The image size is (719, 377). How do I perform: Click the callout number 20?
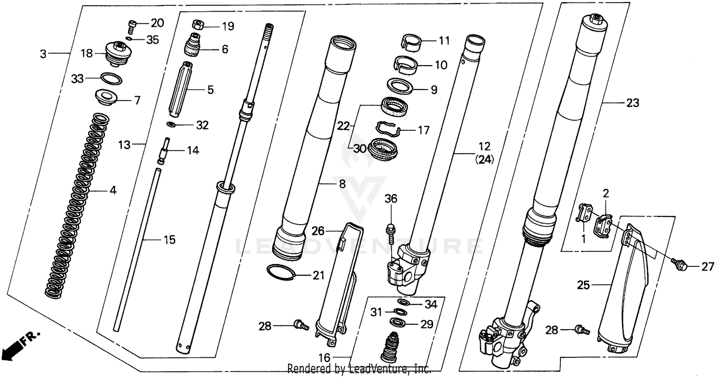157,23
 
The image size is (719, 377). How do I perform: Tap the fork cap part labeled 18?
116,54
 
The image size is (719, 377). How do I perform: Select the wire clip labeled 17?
388,129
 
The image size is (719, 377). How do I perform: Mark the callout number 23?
632,103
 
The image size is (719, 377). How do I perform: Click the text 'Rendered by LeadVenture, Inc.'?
359,369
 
